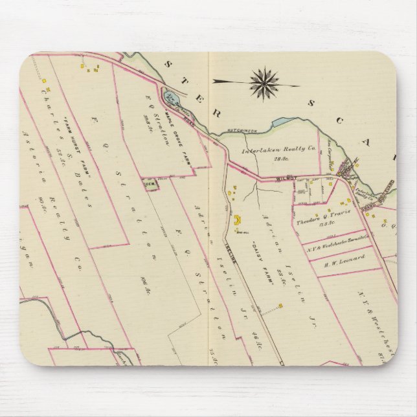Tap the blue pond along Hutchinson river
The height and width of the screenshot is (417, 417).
pyautogui.click(x=282, y=121)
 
